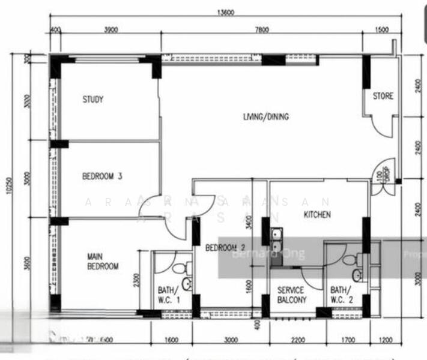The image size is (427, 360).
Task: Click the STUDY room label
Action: tap(93, 100)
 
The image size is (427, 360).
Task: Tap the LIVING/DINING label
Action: tap(265, 117)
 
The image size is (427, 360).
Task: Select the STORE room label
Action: tap(383, 96)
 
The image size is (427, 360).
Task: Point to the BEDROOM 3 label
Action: tap(102, 176)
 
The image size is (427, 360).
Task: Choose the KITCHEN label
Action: tap(316, 214)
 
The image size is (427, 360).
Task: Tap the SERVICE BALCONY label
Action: tap(291, 295)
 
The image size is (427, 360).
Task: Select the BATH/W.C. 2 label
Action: tap(343, 293)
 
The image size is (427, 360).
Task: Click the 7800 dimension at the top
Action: tap(261, 29)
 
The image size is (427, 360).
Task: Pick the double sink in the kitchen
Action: tap(276, 241)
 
